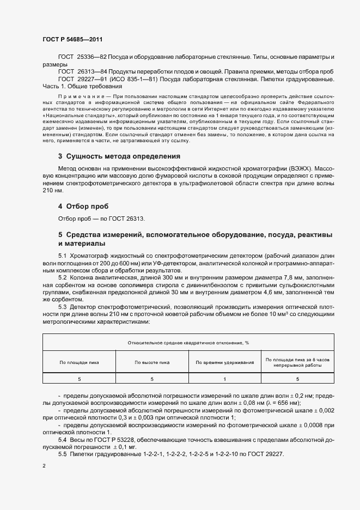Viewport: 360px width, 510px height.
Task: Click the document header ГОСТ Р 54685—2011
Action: click(x=72, y=40)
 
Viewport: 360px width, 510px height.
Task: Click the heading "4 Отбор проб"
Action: click(x=83, y=207)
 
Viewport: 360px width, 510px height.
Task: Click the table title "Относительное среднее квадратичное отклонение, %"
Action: click(x=188, y=343)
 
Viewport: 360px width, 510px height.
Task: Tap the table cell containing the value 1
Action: click(x=225, y=379)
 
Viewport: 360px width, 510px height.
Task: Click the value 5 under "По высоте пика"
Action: click(x=152, y=379)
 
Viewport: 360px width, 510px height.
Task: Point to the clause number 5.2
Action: click(x=63, y=277)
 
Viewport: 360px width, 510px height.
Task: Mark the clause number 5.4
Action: click(x=63, y=439)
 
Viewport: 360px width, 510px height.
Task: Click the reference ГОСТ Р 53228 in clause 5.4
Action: click(x=113, y=439)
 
